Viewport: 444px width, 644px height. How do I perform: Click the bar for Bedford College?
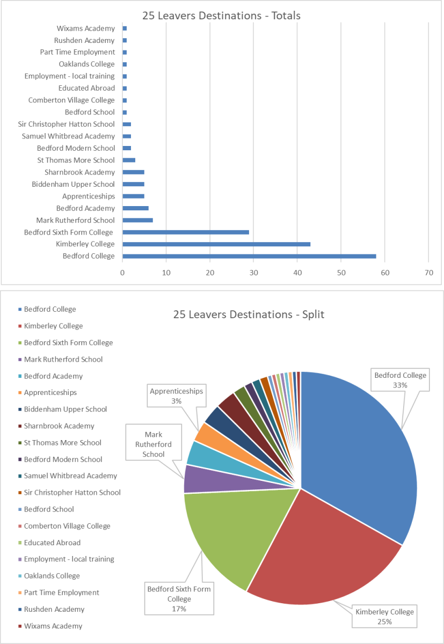pyautogui.click(x=249, y=256)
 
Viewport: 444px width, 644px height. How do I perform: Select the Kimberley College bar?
pyautogui.click(x=216, y=244)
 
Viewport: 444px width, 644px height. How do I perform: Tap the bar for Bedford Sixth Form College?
pyautogui.click(x=186, y=232)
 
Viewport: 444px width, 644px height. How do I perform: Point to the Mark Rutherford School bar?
pyautogui.click(x=138, y=220)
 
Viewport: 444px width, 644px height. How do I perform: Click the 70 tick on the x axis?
pyautogui.click(x=428, y=273)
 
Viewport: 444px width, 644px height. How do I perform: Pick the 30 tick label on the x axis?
pyautogui.click(x=253, y=273)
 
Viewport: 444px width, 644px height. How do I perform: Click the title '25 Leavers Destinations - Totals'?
pyautogui.click(x=221, y=16)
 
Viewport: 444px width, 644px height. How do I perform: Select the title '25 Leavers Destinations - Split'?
pyautogui.click(x=249, y=314)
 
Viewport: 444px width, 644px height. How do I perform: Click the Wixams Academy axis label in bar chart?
pyautogui.click(x=85, y=28)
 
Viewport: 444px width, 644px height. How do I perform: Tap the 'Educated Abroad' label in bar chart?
pyautogui.click(x=86, y=88)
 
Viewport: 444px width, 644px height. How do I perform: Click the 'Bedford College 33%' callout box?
pyautogui.click(x=400, y=380)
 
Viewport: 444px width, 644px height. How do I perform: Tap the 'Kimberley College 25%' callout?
pyautogui.click(x=384, y=617)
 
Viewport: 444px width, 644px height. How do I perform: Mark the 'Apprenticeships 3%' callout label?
pyautogui.click(x=177, y=396)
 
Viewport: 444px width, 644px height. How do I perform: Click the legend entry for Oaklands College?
pyautogui.click(x=52, y=576)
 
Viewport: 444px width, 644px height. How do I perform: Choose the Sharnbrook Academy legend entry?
pyautogui.click(x=59, y=426)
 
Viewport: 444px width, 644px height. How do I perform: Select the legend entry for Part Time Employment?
pyautogui.click(x=61, y=592)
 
